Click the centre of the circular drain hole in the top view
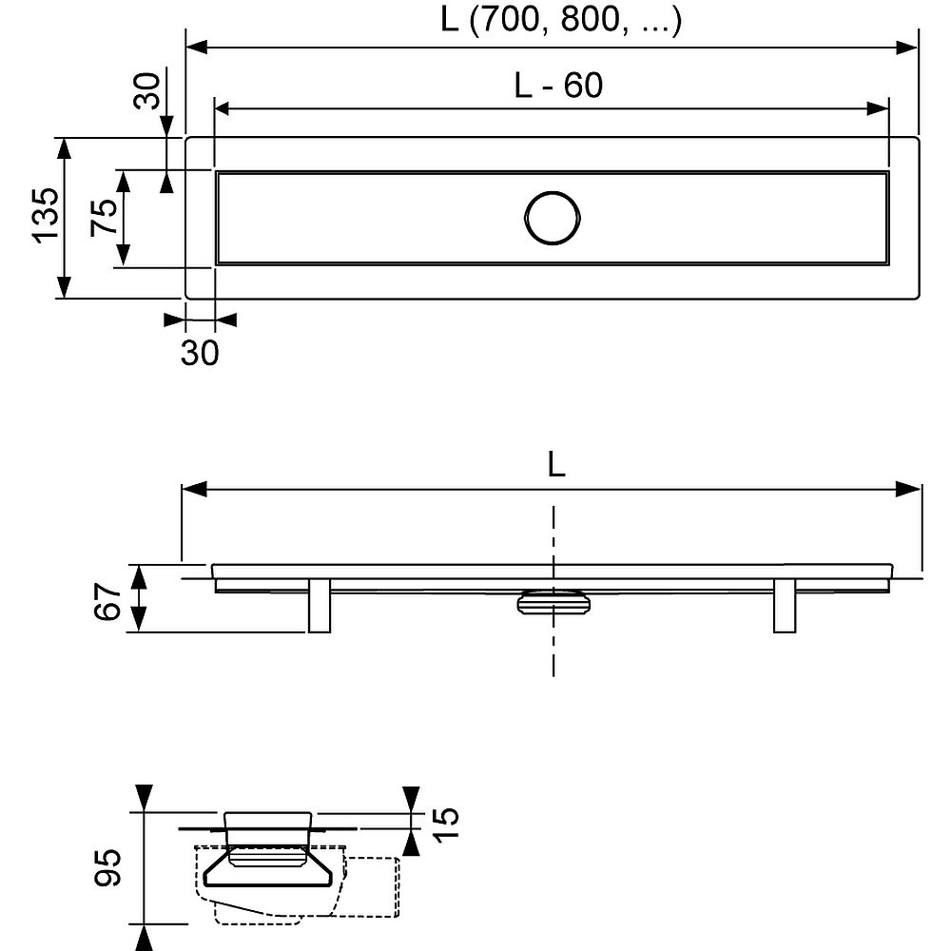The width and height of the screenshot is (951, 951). point(552,218)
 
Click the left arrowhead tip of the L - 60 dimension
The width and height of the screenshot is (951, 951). point(215,108)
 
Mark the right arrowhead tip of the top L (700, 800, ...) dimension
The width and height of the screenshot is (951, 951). point(919,48)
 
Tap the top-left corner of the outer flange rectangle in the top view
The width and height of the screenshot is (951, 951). point(185,138)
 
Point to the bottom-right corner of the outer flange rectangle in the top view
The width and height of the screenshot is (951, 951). point(920,299)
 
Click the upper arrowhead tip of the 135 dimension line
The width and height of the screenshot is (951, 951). point(64,138)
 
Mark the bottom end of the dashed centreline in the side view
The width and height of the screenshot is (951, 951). point(553,676)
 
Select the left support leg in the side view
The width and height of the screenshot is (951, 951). point(319,606)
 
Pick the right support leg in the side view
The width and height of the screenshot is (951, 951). point(785,606)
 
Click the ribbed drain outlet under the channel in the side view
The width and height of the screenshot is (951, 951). point(553,602)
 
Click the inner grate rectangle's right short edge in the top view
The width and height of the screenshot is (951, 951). point(887,218)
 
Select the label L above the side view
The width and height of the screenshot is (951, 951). point(556,465)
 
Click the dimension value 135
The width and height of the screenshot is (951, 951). point(46,216)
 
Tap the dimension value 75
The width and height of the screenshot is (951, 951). point(104,217)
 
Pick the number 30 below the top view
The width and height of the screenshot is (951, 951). point(200,353)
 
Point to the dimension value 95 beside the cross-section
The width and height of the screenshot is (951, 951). point(108,868)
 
